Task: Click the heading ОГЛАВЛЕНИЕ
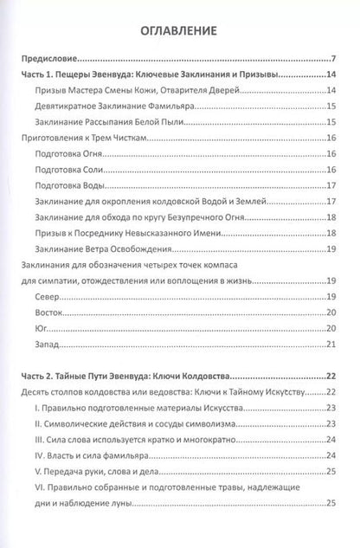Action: (180, 32)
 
